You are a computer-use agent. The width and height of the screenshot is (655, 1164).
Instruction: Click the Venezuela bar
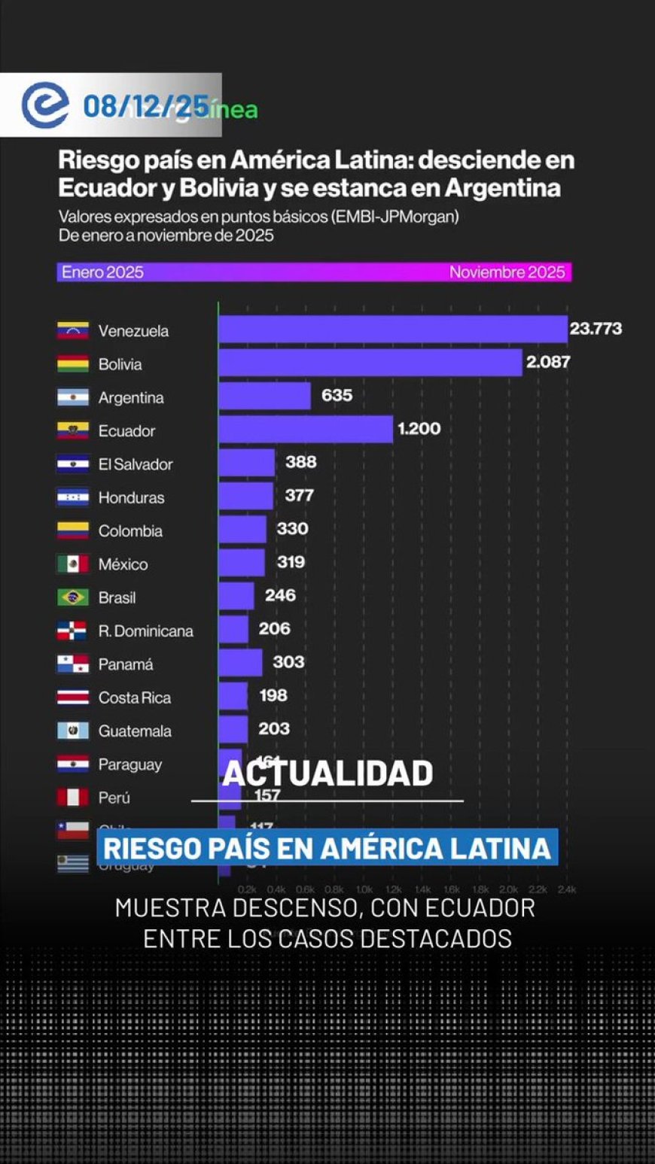coord(392,330)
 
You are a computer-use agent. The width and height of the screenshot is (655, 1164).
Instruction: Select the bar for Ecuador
coord(306,429)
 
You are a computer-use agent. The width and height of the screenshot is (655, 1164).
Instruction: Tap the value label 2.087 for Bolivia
coord(548,362)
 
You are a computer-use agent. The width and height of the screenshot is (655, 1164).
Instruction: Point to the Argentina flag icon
coord(73,397)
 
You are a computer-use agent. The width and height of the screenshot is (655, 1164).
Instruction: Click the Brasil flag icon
coord(73,597)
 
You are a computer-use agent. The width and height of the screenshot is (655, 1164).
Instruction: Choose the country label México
coord(123,564)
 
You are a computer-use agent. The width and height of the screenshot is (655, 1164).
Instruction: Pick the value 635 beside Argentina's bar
coord(337,395)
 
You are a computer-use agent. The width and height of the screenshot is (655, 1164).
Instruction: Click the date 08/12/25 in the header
coord(145,107)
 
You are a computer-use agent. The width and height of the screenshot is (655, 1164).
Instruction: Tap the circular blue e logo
coord(44,105)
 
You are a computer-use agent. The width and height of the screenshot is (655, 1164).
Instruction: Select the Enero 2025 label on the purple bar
coord(102,272)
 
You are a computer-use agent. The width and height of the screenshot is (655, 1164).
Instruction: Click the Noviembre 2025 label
coord(507,272)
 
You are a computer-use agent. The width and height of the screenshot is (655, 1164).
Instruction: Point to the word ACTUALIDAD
coord(327,773)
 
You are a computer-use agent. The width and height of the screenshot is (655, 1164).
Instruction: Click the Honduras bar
coord(246,496)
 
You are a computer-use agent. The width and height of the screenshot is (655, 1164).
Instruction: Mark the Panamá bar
coord(241,663)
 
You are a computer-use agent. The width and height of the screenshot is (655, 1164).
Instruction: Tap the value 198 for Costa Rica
coord(273,695)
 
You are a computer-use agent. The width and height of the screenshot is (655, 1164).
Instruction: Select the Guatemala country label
coord(135,731)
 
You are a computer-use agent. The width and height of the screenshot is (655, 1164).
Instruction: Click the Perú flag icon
coord(73,797)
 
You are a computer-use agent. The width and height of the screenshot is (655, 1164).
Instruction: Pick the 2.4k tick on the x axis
coord(566,889)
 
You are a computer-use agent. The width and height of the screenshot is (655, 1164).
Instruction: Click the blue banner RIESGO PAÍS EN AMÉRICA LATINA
coord(327,848)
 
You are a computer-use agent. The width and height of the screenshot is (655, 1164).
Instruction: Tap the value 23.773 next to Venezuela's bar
coord(596,328)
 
